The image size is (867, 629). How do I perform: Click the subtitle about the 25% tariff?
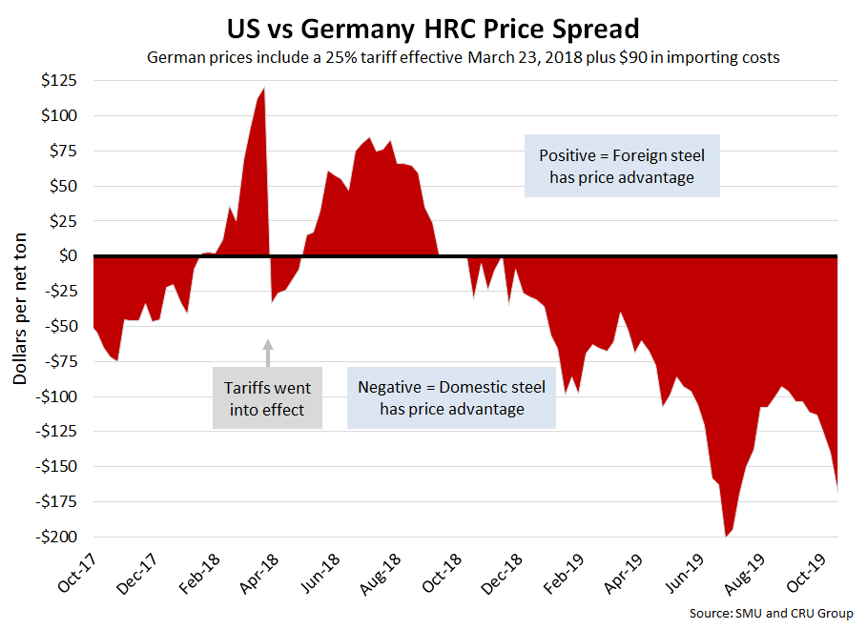coord(464,57)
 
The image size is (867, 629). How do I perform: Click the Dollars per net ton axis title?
coord(21,312)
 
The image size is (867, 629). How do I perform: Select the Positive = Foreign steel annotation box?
coord(622,166)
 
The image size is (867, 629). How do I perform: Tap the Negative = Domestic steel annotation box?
coord(451,398)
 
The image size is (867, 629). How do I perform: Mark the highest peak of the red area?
coord(263,89)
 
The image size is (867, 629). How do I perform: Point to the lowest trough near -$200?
coord(726,536)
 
